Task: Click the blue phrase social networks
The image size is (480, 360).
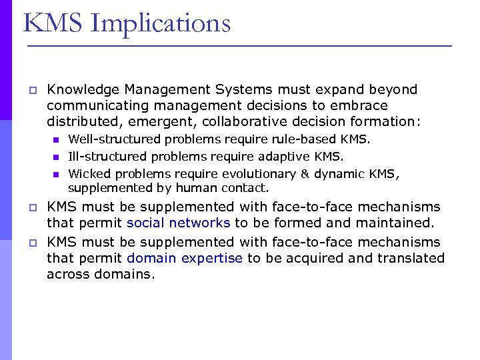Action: tap(179, 223)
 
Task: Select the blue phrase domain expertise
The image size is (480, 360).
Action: tap(185, 258)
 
